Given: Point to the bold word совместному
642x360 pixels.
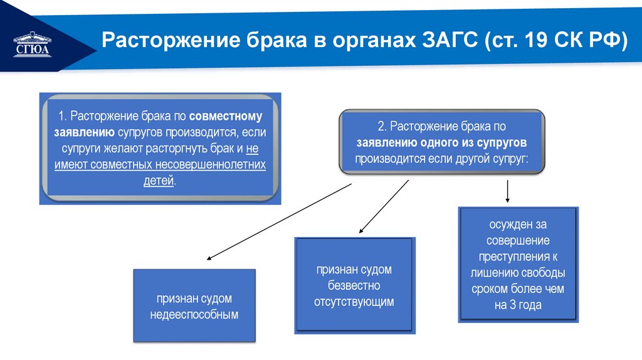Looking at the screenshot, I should (x=226, y=117).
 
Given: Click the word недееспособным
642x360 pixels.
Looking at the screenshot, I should (x=194, y=315).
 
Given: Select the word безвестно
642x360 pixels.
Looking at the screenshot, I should (x=354, y=285).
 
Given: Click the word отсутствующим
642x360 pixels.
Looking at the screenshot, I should (x=354, y=302).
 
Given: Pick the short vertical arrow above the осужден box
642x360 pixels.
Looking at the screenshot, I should (x=507, y=191).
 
